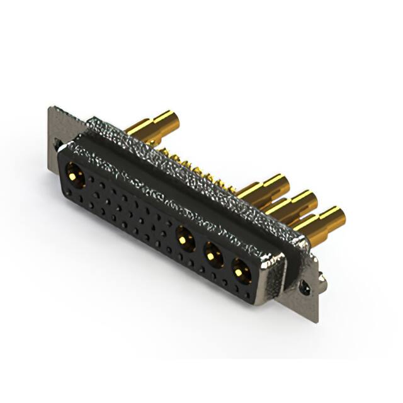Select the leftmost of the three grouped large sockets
(184, 239)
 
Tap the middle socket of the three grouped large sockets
(213, 255)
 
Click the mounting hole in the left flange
(58, 144)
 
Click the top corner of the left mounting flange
(51, 108)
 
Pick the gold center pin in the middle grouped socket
(213, 255)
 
